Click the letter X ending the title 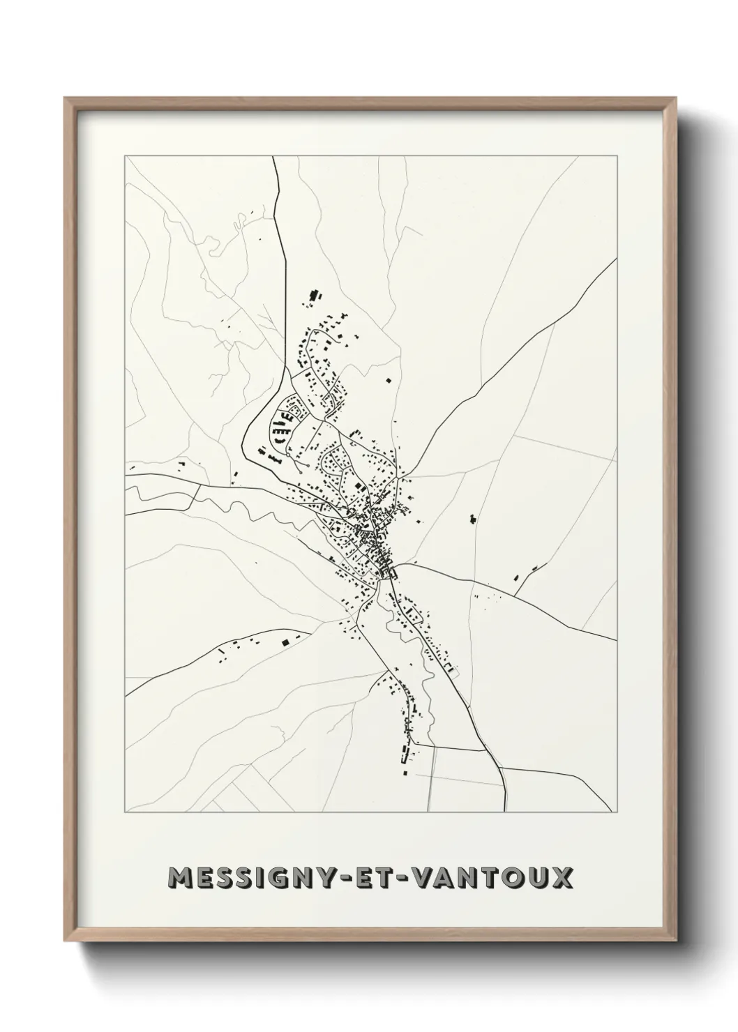562,878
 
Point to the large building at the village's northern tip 315,294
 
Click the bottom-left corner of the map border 125,812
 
